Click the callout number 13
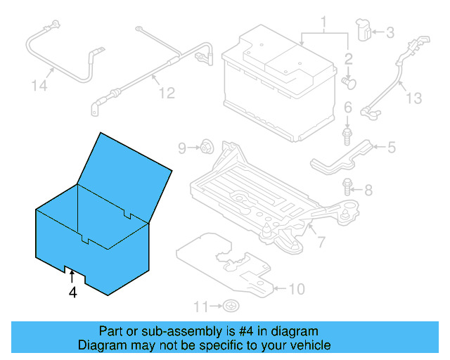[x=414, y=98]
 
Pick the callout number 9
[x=182, y=148]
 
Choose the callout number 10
[x=297, y=288]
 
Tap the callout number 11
[x=202, y=306]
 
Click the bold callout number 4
[x=72, y=292]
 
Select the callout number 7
[x=321, y=243]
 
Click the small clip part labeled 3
[x=365, y=30]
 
